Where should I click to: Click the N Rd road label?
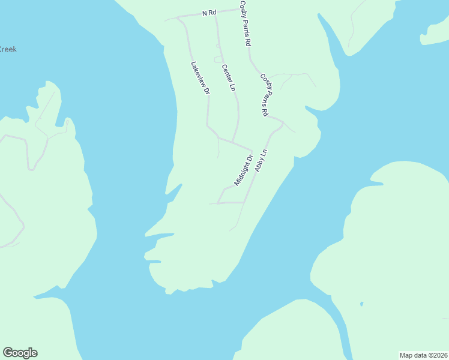pos(209,13)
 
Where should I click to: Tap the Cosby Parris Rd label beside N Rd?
pos(246,24)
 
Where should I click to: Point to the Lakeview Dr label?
pos(200,79)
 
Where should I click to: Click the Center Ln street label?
pos(228,77)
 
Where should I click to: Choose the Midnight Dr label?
pos(243,170)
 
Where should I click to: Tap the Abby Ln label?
pos(261,161)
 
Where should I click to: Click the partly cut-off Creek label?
pos(8,49)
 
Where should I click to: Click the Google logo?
pos(20,353)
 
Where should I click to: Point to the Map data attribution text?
pos(423,355)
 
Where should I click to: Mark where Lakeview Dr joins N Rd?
pos(178,17)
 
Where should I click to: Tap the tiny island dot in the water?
pos(361,304)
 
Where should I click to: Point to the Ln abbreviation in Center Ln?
pos(232,87)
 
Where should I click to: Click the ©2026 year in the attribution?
pos(437,355)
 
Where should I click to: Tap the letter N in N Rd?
pos(205,13)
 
